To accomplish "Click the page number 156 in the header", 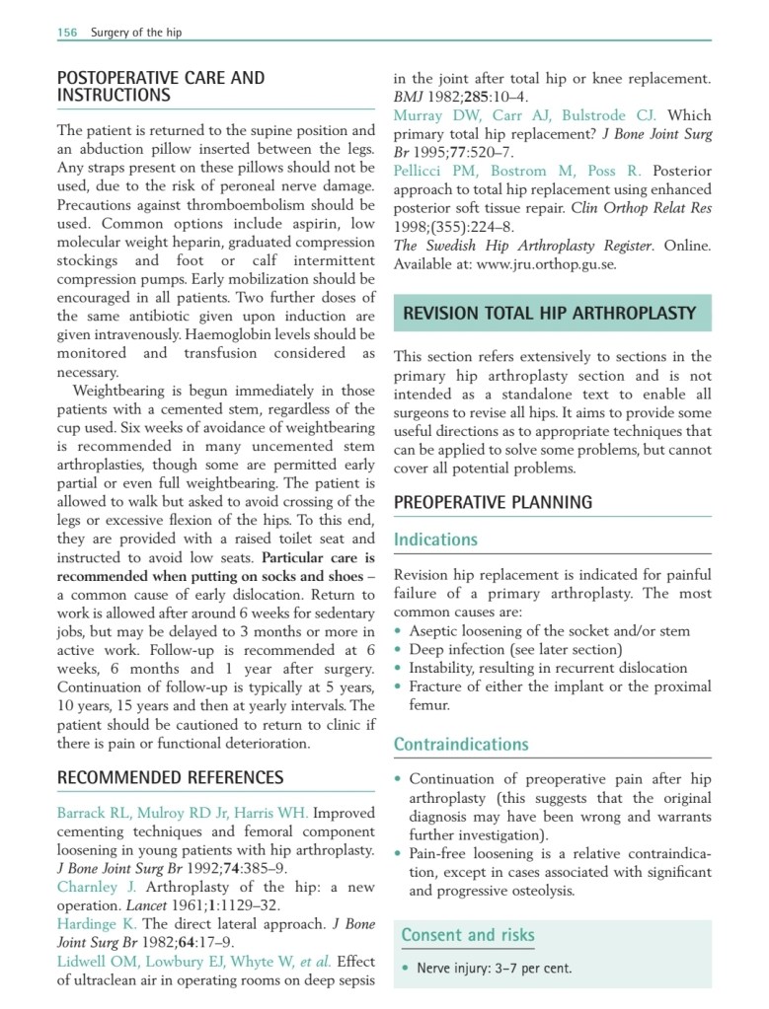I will click(67, 33).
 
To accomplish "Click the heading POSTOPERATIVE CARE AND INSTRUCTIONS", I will click(160, 87).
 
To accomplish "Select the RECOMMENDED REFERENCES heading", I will click(170, 777).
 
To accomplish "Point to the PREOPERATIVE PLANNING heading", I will click(493, 502).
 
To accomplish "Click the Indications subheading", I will click(435, 540).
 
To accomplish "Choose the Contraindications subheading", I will click(461, 745).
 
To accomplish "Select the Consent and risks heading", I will click(468, 934).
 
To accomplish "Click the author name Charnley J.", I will click(96, 886).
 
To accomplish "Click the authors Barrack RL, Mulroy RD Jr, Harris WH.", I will click(183, 813).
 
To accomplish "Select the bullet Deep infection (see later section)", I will click(515, 649).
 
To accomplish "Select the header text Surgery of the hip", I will click(136, 33).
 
